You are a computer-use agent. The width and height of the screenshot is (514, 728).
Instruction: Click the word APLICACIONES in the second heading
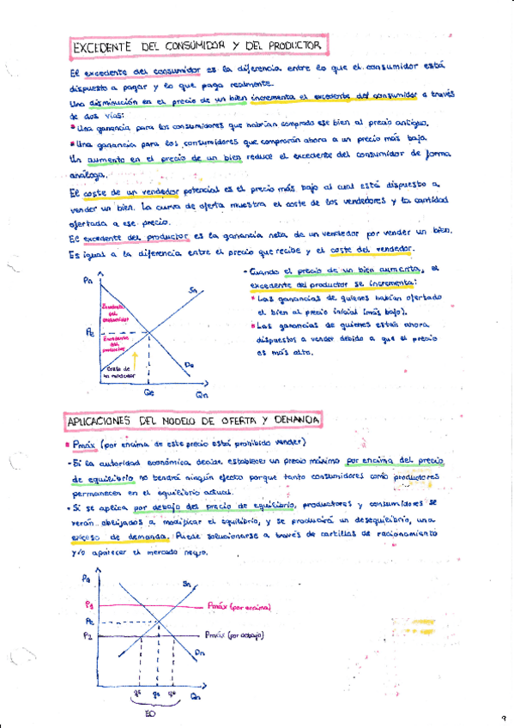(x=100, y=420)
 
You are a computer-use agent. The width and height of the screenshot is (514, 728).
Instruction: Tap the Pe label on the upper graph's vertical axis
(x=91, y=332)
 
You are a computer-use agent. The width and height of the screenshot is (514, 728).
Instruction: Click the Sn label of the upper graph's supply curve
(x=194, y=291)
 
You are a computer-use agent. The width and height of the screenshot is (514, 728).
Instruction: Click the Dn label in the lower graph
(x=199, y=653)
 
